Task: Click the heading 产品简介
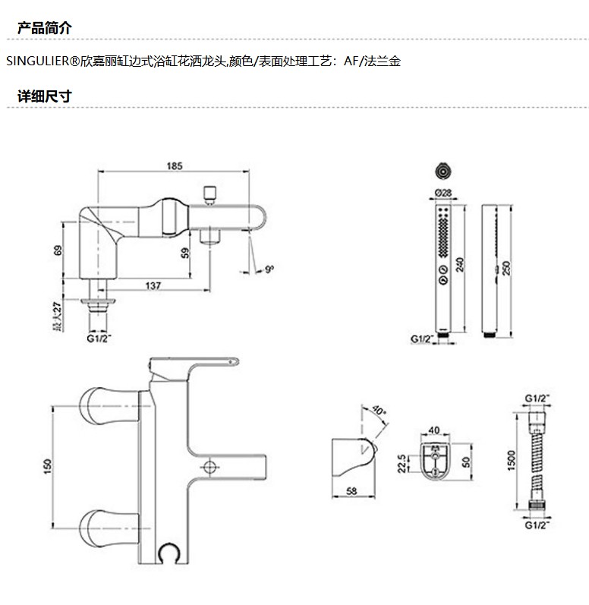tap(44, 29)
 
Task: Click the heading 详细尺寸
tap(44, 96)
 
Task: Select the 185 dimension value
tap(174, 165)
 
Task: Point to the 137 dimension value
tap(153, 285)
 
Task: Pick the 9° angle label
tap(270, 268)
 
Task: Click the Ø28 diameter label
tap(443, 193)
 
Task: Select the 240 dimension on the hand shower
tap(461, 265)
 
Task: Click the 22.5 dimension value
tap(402, 462)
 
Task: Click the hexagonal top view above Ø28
tap(443, 170)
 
